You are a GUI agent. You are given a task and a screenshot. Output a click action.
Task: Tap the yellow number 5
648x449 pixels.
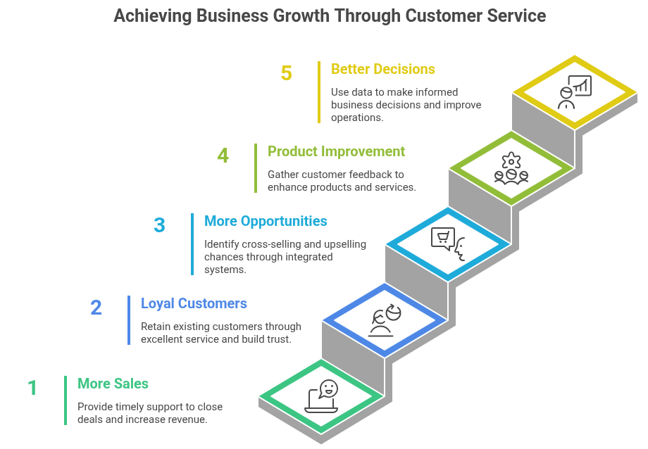[286, 73]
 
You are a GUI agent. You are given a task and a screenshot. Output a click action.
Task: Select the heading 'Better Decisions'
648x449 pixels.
[382, 69]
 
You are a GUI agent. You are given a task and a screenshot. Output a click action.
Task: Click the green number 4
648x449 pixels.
[223, 156]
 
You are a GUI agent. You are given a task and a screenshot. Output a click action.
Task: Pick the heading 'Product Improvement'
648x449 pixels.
[336, 151]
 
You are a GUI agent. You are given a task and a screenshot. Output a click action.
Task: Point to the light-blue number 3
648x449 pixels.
[159, 225]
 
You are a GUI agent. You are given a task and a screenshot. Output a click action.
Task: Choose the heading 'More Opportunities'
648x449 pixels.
[266, 221]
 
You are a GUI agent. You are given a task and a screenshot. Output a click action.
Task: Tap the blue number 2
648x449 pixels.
[96, 308]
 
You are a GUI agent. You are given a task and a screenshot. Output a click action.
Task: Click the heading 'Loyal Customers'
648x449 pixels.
[194, 303]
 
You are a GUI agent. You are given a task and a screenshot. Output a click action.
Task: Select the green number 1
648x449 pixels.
[32, 388]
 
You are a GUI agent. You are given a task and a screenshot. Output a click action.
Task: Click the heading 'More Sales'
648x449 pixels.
[113, 384]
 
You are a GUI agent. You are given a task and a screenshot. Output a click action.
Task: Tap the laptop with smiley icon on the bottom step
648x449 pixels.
[322, 397]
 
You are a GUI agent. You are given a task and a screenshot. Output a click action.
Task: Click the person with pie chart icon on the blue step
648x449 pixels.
[385, 320]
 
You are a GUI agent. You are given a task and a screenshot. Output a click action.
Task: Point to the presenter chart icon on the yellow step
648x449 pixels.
[575, 91]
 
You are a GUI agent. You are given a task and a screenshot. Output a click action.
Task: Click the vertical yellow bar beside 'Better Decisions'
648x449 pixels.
[318, 92]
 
